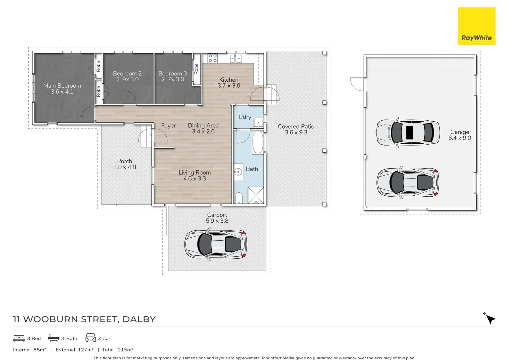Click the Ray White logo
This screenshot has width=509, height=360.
click(x=476, y=26)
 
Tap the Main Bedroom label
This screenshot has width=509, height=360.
click(x=62, y=86)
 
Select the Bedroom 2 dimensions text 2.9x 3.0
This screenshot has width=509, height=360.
click(x=127, y=79)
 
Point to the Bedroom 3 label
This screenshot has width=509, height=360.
click(x=173, y=73)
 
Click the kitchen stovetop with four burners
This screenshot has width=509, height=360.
click(x=213, y=58)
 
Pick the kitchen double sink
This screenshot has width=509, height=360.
click(x=236, y=58)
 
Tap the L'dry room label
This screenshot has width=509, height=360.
click(x=245, y=117)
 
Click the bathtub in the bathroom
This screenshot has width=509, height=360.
click(x=258, y=142)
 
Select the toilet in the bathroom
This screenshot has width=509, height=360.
click(x=239, y=198)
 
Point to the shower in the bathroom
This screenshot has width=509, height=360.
click(x=255, y=195)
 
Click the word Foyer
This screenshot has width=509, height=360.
click(x=168, y=126)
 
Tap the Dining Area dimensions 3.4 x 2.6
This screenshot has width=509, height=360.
click(x=203, y=131)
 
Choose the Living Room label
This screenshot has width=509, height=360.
click(x=195, y=173)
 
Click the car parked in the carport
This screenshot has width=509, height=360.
click(x=216, y=244)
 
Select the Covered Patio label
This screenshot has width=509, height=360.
click(x=296, y=126)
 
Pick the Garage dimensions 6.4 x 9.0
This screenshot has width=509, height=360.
click(x=459, y=138)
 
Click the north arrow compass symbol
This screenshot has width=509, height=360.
click(x=490, y=319)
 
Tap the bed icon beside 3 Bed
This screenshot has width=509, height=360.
click(x=19, y=338)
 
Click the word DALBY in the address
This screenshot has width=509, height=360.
click(x=139, y=319)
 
